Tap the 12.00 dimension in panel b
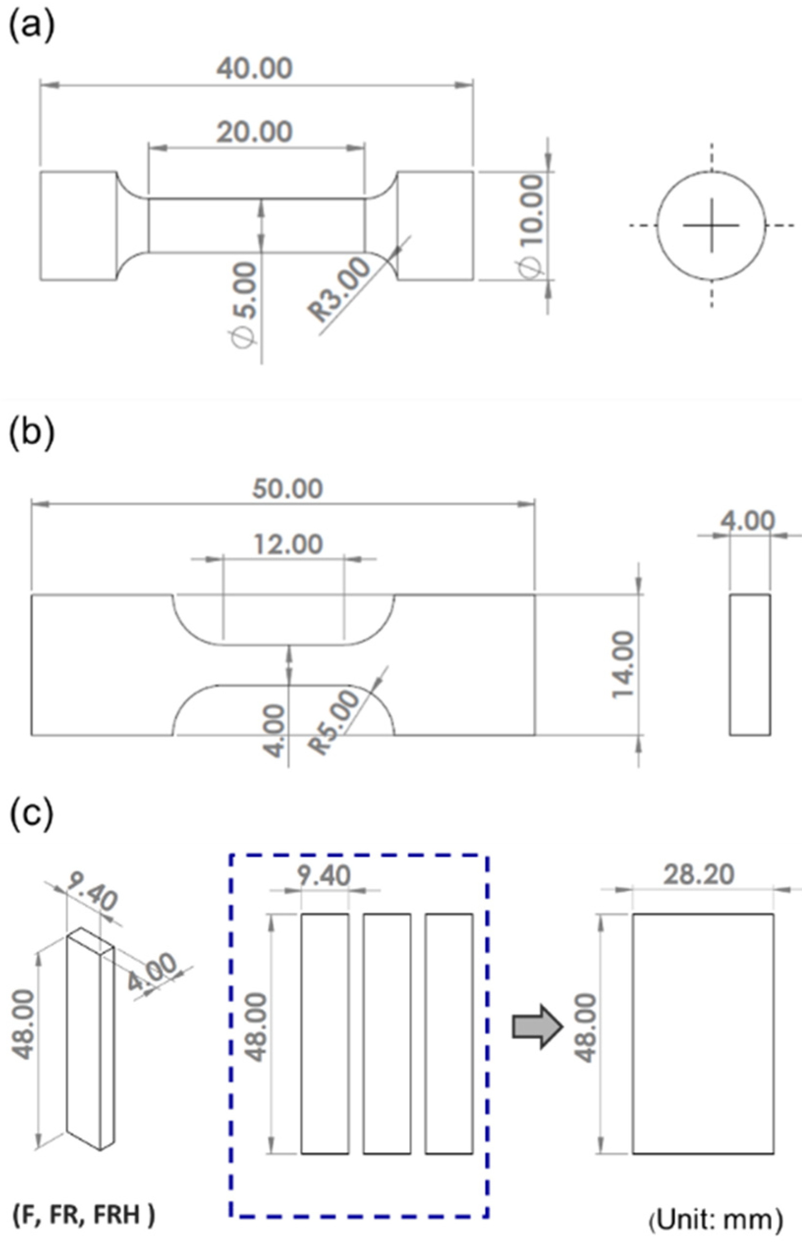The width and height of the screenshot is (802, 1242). [x=287, y=544]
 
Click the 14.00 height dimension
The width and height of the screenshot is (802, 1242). [x=623, y=665]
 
